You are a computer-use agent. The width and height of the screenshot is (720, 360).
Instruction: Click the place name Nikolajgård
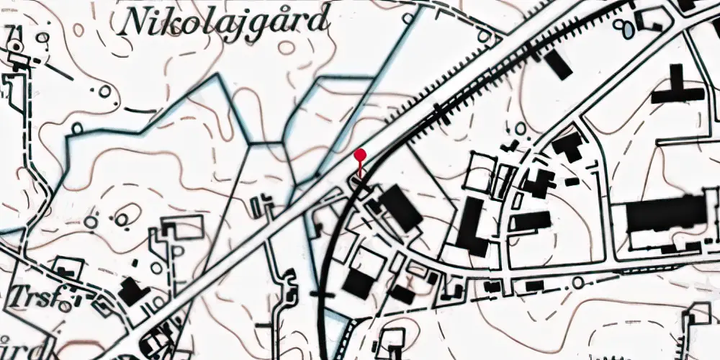(x=225, y=22)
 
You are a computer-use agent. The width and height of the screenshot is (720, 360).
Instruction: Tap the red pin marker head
(x=361, y=154)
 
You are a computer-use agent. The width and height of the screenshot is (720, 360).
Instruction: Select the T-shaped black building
(x=676, y=89)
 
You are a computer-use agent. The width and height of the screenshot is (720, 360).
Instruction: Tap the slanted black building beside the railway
(x=559, y=65)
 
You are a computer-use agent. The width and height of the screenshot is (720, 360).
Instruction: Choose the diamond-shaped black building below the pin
(x=400, y=209)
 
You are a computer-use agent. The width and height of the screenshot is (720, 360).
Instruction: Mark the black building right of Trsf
(x=132, y=290)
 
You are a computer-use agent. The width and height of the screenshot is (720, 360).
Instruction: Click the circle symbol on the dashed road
(x=578, y=284)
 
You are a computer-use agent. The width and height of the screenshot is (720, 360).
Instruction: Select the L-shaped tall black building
(x=472, y=228)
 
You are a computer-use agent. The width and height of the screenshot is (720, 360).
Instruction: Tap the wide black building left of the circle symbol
(x=534, y=286)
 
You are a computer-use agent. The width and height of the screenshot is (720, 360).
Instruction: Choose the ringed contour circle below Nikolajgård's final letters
(x=287, y=48)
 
